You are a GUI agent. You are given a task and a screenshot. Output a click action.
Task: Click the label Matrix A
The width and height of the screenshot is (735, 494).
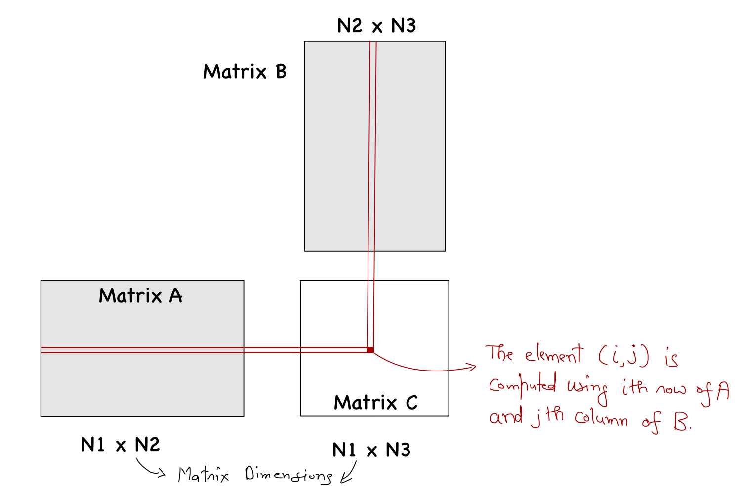[141, 296]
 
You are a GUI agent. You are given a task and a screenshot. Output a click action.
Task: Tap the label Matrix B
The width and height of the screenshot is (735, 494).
[245, 72]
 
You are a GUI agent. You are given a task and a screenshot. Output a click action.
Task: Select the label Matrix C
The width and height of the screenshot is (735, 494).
[375, 403]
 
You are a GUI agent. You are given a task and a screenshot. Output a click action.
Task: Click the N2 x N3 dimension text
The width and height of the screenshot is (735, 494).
[376, 26]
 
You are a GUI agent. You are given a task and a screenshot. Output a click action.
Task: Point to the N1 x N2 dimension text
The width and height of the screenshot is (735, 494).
[121, 445]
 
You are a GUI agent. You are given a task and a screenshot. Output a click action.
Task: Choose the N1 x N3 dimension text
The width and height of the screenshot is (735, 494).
[371, 450]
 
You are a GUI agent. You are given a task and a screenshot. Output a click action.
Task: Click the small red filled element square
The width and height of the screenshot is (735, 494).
[370, 350]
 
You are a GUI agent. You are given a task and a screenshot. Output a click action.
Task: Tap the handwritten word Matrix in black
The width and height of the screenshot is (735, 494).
[203, 475]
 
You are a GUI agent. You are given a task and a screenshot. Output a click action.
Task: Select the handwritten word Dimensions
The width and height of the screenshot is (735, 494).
[288, 475]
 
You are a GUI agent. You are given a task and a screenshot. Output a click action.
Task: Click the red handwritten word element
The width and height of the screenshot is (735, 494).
[554, 355]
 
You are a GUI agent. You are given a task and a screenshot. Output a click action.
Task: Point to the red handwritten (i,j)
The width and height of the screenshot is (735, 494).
[623, 355]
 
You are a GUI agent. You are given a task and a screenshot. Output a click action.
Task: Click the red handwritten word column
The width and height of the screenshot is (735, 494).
[601, 419]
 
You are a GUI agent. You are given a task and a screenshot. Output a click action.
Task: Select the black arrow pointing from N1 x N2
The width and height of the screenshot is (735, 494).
[150, 469]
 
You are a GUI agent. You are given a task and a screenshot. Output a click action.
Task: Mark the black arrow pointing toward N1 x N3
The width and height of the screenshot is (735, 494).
[348, 475]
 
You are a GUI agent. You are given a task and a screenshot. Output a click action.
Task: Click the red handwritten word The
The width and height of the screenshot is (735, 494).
[499, 354]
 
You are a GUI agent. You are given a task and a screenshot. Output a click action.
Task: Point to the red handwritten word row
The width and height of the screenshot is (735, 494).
[671, 389]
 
